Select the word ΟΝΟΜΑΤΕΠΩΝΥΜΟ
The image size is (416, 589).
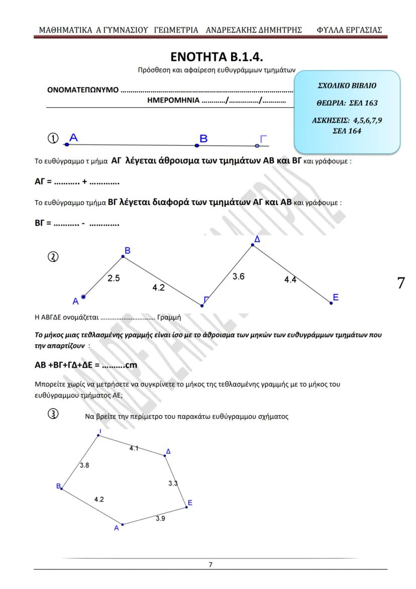pyautogui.click(x=83, y=91)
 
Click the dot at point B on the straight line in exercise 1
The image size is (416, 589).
pyautogui.click(x=197, y=145)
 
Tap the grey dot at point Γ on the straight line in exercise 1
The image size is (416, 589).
pyautogui.click(x=257, y=146)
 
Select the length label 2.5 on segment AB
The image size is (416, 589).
pyautogui.click(x=114, y=278)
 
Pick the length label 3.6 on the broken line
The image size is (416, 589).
pyautogui.click(x=238, y=276)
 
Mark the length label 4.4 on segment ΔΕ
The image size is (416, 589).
pyautogui.click(x=290, y=280)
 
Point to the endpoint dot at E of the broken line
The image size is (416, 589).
pyautogui.click(x=331, y=303)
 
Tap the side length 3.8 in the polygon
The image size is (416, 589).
pyautogui.click(x=85, y=465)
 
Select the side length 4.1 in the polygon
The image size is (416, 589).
pyautogui.click(x=134, y=448)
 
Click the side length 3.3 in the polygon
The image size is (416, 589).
pyautogui.click(x=172, y=483)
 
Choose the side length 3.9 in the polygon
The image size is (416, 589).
pyautogui.click(x=160, y=518)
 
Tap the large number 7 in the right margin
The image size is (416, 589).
pyautogui.click(x=400, y=283)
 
